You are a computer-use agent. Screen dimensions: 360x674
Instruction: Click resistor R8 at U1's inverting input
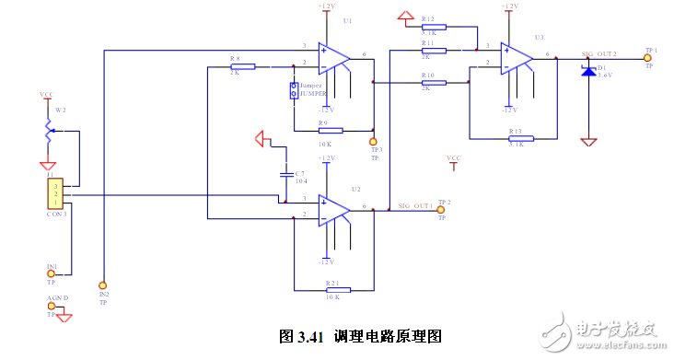pyautogui.click(x=242, y=66)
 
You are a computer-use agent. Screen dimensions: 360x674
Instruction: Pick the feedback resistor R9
pyautogui.click(x=329, y=131)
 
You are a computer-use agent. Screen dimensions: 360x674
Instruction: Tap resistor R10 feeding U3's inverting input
pyautogui.click(x=434, y=83)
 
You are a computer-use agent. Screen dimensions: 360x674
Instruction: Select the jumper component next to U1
pyautogui.click(x=295, y=91)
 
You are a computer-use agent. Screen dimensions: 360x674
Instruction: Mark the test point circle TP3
pyautogui.click(x=373, y=143)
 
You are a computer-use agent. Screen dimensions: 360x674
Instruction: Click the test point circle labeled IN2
pyautogui.click(x=103, y=285)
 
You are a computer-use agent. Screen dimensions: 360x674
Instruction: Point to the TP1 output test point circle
pyautogui.click(x=649, y=57)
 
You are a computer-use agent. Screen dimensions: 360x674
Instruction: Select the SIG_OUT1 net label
pyautogui.click(x=415, y=205)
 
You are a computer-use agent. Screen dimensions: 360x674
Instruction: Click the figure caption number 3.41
pyautogui.click(x=308, y=336)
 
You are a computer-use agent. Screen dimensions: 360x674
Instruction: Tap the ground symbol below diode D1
pyautogui.click(x=588, y=142)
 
